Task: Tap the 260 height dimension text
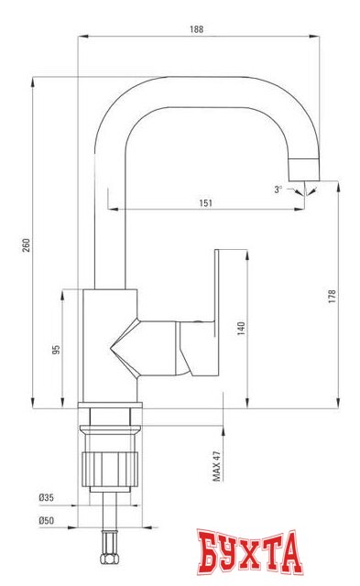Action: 27,244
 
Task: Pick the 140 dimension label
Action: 241,329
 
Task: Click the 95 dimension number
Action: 57,349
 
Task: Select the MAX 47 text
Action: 217,465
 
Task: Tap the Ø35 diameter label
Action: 46,497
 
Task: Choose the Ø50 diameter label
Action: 46,520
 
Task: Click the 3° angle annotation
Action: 278,190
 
